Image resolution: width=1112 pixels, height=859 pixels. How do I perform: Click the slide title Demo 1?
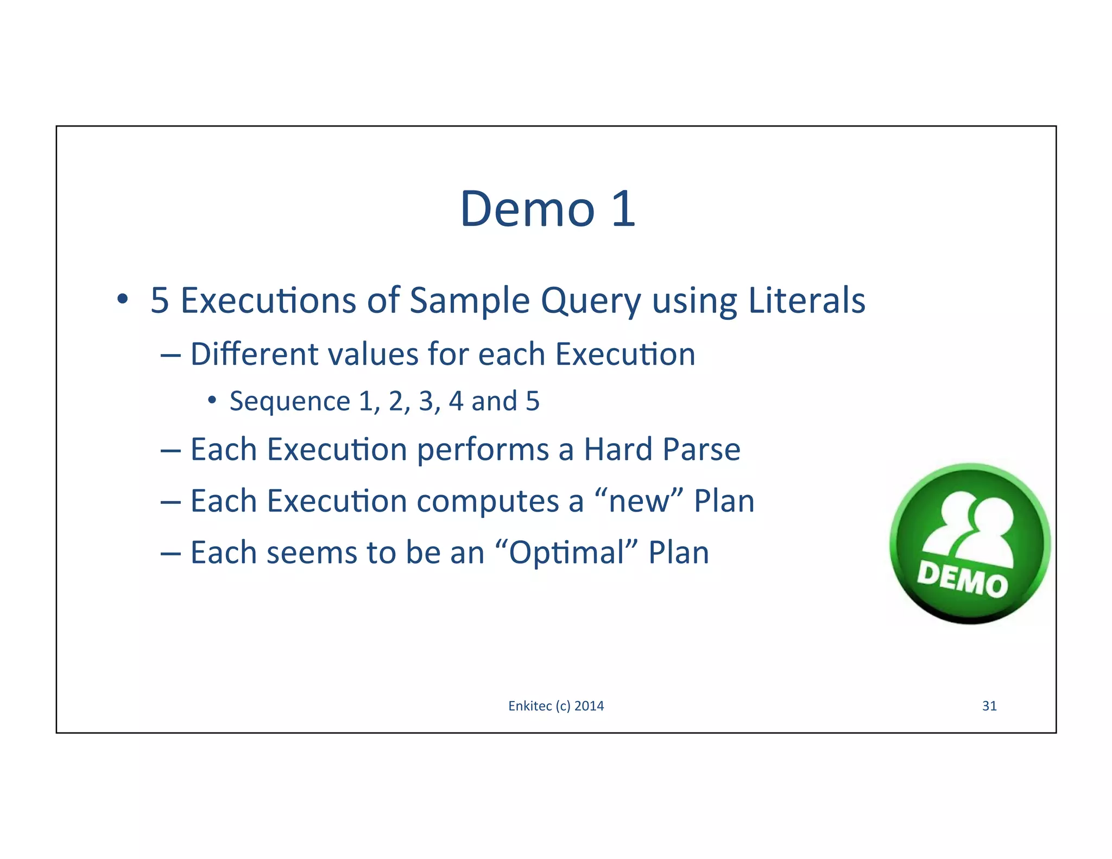click(547, 209)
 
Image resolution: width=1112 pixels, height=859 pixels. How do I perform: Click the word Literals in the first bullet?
click(806, 300)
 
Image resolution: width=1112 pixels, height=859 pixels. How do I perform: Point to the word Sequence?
click(290, 402)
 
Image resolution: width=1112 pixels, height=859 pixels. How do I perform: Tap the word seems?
click(311, 553)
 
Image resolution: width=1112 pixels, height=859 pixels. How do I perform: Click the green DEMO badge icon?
click(970, 543)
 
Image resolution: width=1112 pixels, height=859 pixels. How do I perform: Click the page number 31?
click(989, 706)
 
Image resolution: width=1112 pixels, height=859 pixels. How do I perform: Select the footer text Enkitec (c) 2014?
click(556, 706)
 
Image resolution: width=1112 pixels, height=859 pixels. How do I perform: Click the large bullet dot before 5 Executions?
click(123, 299)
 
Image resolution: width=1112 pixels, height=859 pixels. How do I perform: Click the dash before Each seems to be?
click(170, 553)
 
